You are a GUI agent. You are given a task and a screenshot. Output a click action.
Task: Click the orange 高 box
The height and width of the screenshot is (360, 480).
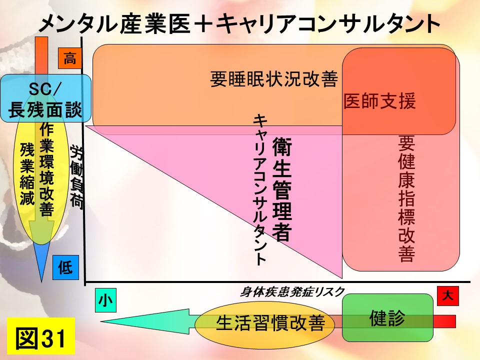click(70, 58)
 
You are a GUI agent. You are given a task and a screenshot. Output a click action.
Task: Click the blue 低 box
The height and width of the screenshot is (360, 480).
click(65, 267)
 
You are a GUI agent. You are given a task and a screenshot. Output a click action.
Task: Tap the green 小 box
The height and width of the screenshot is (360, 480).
click(105, 300)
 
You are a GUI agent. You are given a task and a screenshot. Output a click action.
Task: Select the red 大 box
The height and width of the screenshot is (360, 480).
click(448, 296)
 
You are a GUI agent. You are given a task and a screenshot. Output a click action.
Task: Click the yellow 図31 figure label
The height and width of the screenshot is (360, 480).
click(41, 336)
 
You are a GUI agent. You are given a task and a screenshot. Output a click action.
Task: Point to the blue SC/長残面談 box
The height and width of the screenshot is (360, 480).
click(45, 98)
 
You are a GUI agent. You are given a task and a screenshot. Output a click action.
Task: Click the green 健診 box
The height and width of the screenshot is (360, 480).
click(387, 318)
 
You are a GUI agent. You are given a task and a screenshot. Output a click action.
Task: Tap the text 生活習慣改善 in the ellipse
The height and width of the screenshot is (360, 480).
click(270, 322)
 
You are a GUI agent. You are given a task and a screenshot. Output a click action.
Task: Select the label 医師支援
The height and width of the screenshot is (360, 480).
click(379, 101)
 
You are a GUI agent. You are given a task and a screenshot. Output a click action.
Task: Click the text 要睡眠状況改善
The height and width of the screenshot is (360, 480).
click(274, 79)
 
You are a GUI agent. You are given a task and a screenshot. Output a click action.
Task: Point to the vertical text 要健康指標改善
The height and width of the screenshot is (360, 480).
click(406, 198)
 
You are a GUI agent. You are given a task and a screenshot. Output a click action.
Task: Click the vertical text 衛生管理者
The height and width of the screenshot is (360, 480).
click(282, 189)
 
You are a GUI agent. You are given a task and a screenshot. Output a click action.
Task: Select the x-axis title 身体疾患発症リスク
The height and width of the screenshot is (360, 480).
click(292, 292)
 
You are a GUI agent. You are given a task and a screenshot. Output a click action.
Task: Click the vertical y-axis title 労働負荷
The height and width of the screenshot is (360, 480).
click(76, 176)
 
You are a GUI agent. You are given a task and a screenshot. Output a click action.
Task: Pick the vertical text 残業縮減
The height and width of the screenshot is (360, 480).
click(27, 173)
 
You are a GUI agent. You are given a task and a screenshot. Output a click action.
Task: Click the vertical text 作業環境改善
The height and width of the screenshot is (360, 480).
click(47, 169)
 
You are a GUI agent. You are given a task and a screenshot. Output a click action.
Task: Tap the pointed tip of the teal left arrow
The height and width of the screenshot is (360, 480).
click(101, 321)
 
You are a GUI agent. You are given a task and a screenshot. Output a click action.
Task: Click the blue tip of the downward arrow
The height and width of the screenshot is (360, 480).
click(41, 281)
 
